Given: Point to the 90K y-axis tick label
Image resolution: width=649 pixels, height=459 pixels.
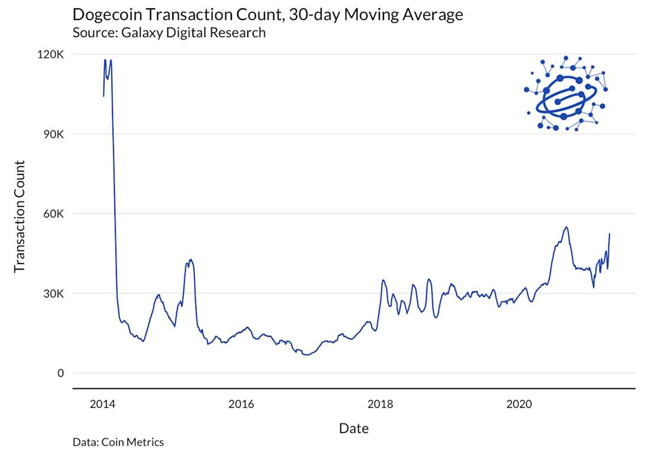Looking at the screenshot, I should click(53, 134).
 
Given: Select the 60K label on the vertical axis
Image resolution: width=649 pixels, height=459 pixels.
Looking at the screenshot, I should click(53, 213).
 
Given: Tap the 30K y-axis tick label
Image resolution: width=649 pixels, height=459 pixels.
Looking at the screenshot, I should click(53, 293).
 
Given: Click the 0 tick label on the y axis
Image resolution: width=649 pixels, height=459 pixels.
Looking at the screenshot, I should click(61, 373).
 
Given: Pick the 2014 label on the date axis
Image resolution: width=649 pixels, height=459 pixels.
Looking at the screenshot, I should click(103, 404).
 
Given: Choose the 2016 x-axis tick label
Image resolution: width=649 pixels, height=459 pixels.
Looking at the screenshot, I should click(241, 404).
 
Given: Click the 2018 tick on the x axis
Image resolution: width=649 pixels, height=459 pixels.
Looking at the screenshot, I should click(380, 404).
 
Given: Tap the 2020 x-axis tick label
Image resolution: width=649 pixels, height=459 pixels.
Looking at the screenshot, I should click(519, 404).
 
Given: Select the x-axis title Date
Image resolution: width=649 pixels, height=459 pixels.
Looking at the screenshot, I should click(354, 428).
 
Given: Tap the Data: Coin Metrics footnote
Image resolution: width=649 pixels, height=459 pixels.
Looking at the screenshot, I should click(118, 442).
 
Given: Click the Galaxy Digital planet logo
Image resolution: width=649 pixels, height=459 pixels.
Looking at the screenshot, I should click(565, 93).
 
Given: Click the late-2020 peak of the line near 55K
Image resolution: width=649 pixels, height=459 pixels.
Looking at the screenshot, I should click(566, 227).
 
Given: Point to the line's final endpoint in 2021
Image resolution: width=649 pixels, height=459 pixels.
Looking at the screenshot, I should click(609, 234).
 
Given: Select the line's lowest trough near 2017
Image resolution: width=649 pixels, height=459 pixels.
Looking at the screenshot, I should click(306, 355).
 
